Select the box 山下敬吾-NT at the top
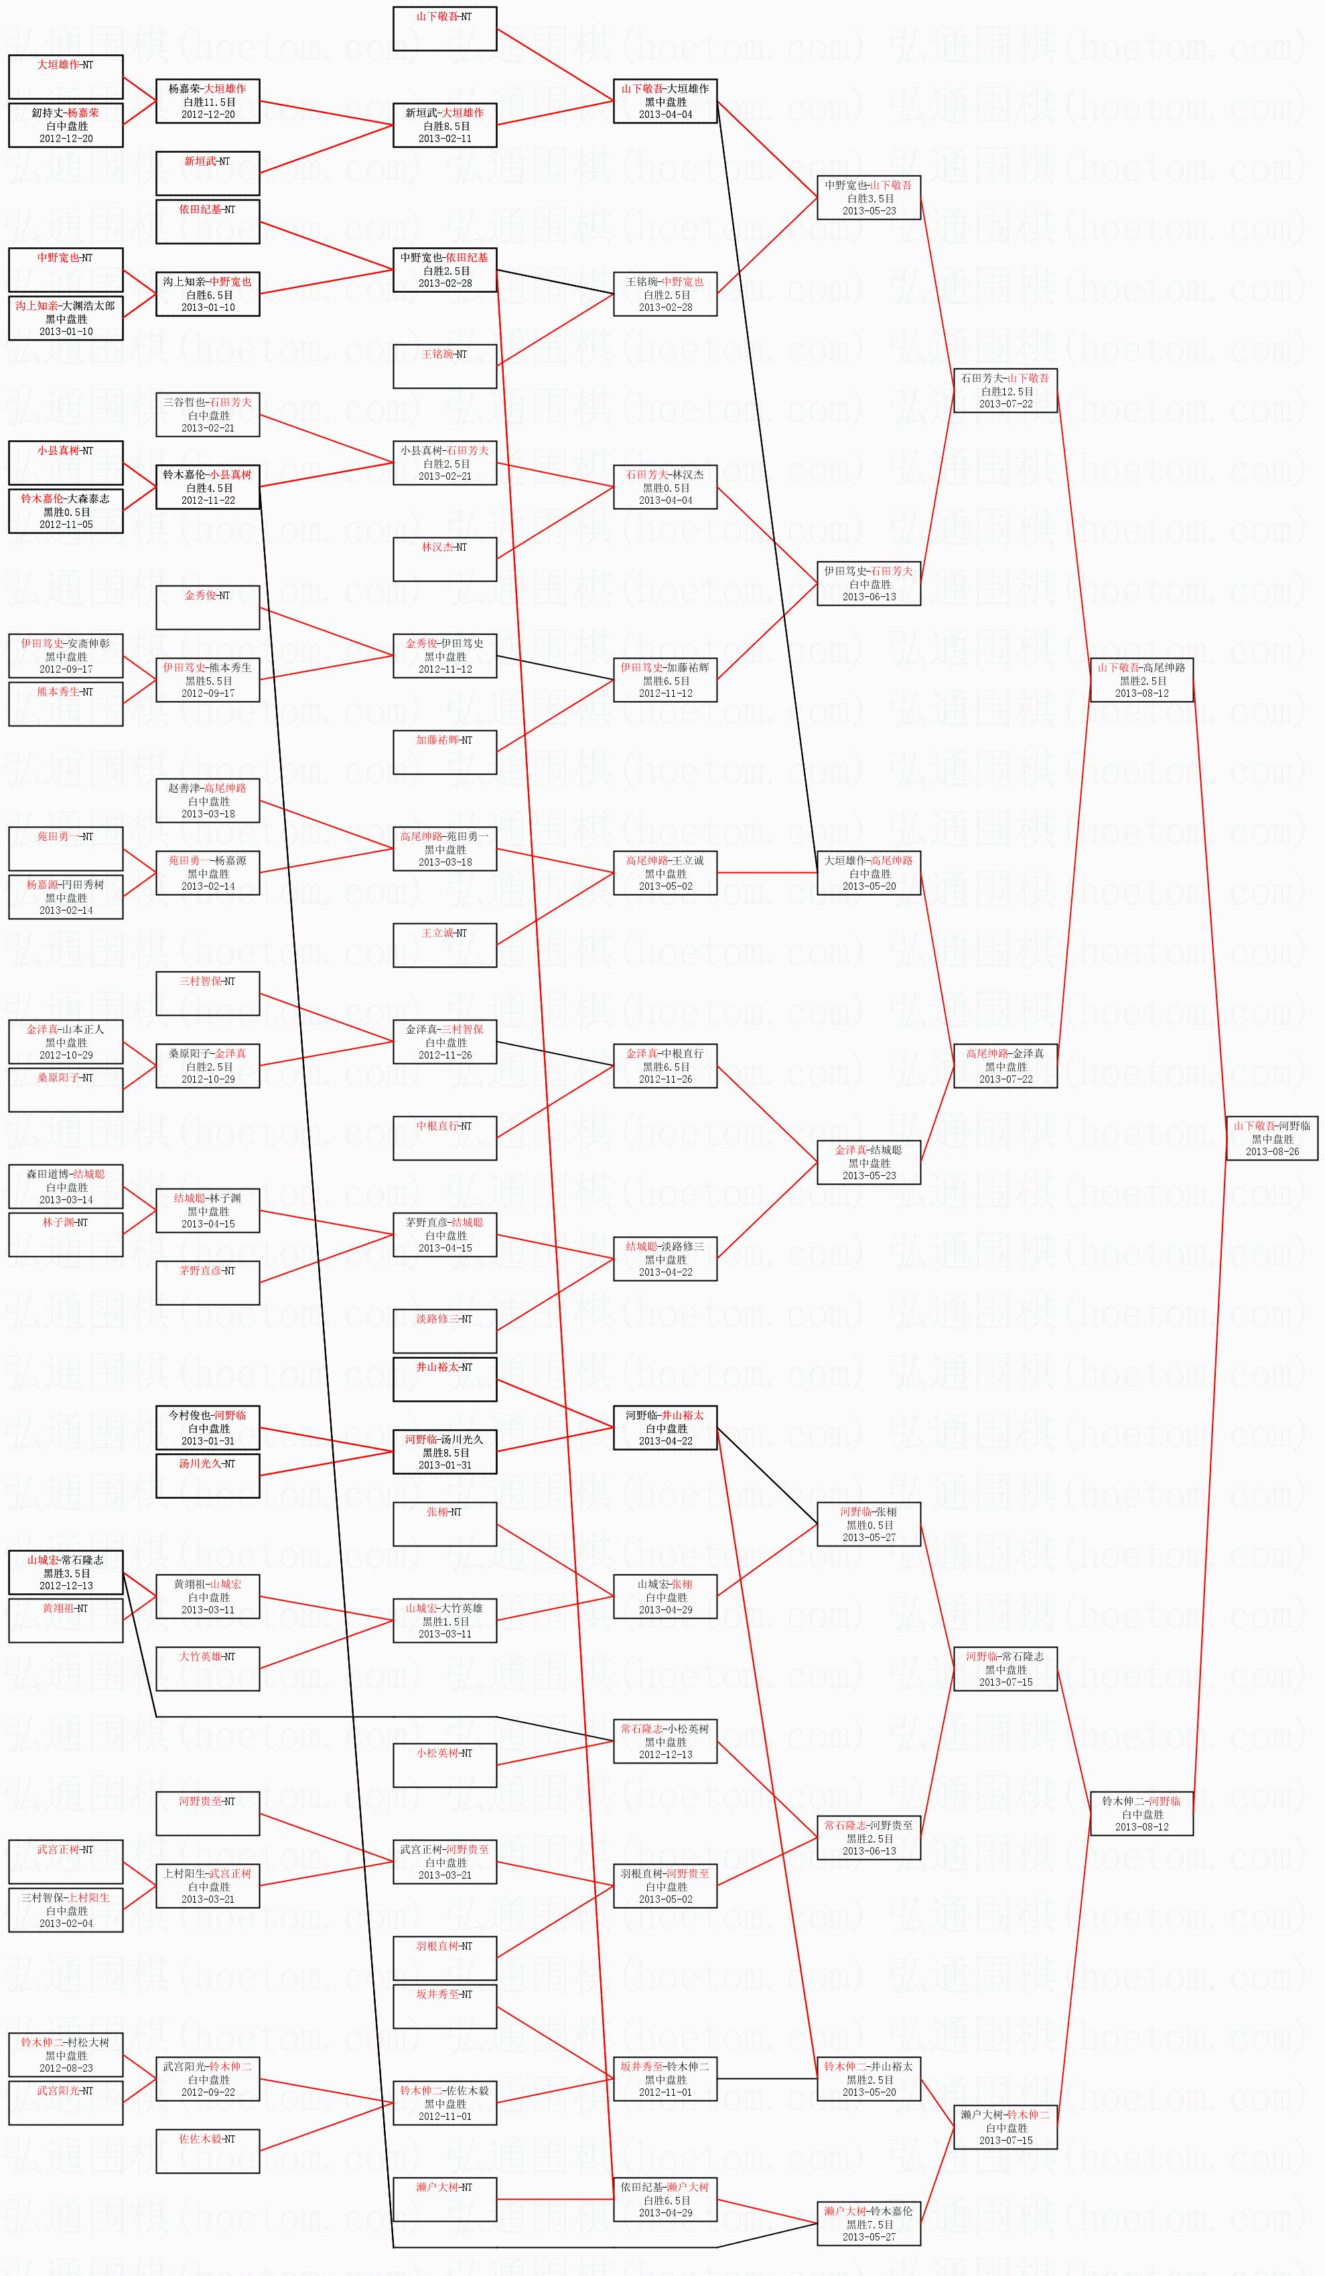coord(444,29)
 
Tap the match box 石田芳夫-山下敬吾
coord(1005,391)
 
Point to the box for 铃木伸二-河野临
coord(1141,1814)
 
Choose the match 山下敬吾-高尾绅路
coord(1141,680)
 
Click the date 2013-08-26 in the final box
coord(1271,1152)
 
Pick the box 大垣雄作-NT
coord(66,77)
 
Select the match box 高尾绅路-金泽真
coord(1005,1066)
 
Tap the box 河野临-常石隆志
coord(1005,1669)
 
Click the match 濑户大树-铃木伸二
coord(1005,2127)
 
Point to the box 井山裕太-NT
coord(444,1379)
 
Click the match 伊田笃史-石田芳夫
coord(869,584)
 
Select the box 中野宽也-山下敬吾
coord(869,198)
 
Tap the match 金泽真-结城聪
coord(869,1162)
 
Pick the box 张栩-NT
coord(444,1524)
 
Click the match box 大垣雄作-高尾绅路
coord(869,874)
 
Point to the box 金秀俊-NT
coord(208,608)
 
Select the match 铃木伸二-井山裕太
coord(869,2079)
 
